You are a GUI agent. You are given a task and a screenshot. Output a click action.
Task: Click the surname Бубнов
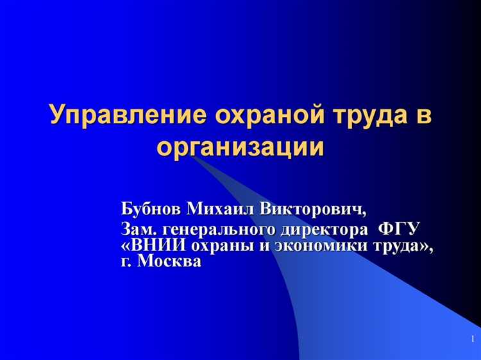pyautogui.click(x=151, y=209)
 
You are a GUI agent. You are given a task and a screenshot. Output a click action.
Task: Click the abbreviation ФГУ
pyautogui.click(x=399, y=229)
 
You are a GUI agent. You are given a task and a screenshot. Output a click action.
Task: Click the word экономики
pyautogui.click(x=312, y=246)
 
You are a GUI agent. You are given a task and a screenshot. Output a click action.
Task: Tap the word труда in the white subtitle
pyautogui.click(x=392, y=246)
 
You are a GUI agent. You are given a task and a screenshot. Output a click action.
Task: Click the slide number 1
pyautogui.click(x=472, y=338)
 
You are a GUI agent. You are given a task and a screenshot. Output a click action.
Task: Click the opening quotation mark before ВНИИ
pyautogui.click(x=125, y=246)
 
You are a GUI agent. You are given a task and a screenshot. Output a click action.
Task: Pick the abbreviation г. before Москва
pyautogui.click(x=126, y=262)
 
